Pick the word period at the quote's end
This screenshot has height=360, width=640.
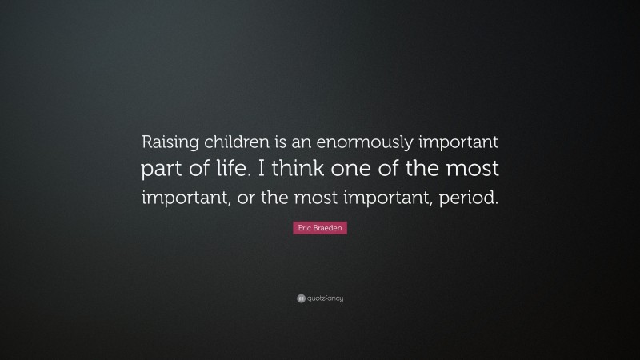470,198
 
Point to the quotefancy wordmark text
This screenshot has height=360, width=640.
325,298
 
